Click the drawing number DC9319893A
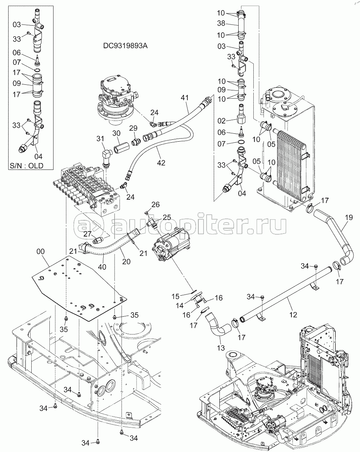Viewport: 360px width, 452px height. (x=125, y=46)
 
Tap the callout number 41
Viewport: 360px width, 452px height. (x=185, y=98)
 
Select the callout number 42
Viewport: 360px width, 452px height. (x=161, y=163)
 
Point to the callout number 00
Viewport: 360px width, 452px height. (x=41, y=251)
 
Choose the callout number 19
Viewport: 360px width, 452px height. (x=349, y=217)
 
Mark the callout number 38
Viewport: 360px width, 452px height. (x=221, y=23)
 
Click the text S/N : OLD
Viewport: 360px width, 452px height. (x=26, y=166)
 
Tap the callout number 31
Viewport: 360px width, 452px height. (x=100, y=139)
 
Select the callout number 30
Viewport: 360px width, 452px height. (x=116, y=133)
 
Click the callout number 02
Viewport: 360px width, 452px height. (x=221, y=121)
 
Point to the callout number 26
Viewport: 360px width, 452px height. (x=155, y=205)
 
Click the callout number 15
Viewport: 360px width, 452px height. (x=175, y=296)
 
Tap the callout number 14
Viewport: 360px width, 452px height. (x=179, y=305)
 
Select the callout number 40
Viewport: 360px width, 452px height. (x=102, y=267)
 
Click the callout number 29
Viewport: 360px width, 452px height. (x=133, y=128)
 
